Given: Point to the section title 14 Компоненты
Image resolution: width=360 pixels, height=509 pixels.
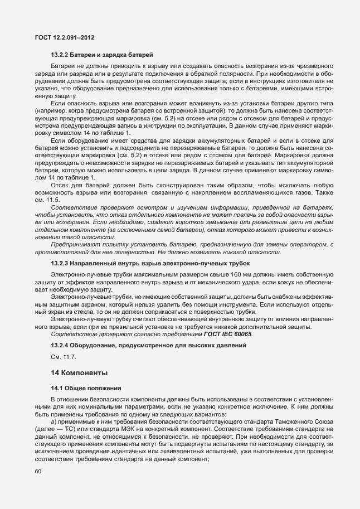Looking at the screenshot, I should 79,372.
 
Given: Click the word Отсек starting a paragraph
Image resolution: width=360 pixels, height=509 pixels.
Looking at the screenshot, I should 60,200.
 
